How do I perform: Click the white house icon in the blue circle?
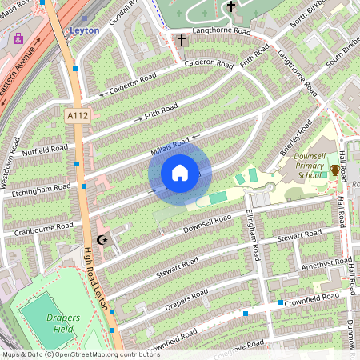(x=180, y=172)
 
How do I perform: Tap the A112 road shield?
(x=77, y=116)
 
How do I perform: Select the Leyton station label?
(x=85, y=30)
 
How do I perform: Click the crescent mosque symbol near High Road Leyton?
(x=102, y=240)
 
